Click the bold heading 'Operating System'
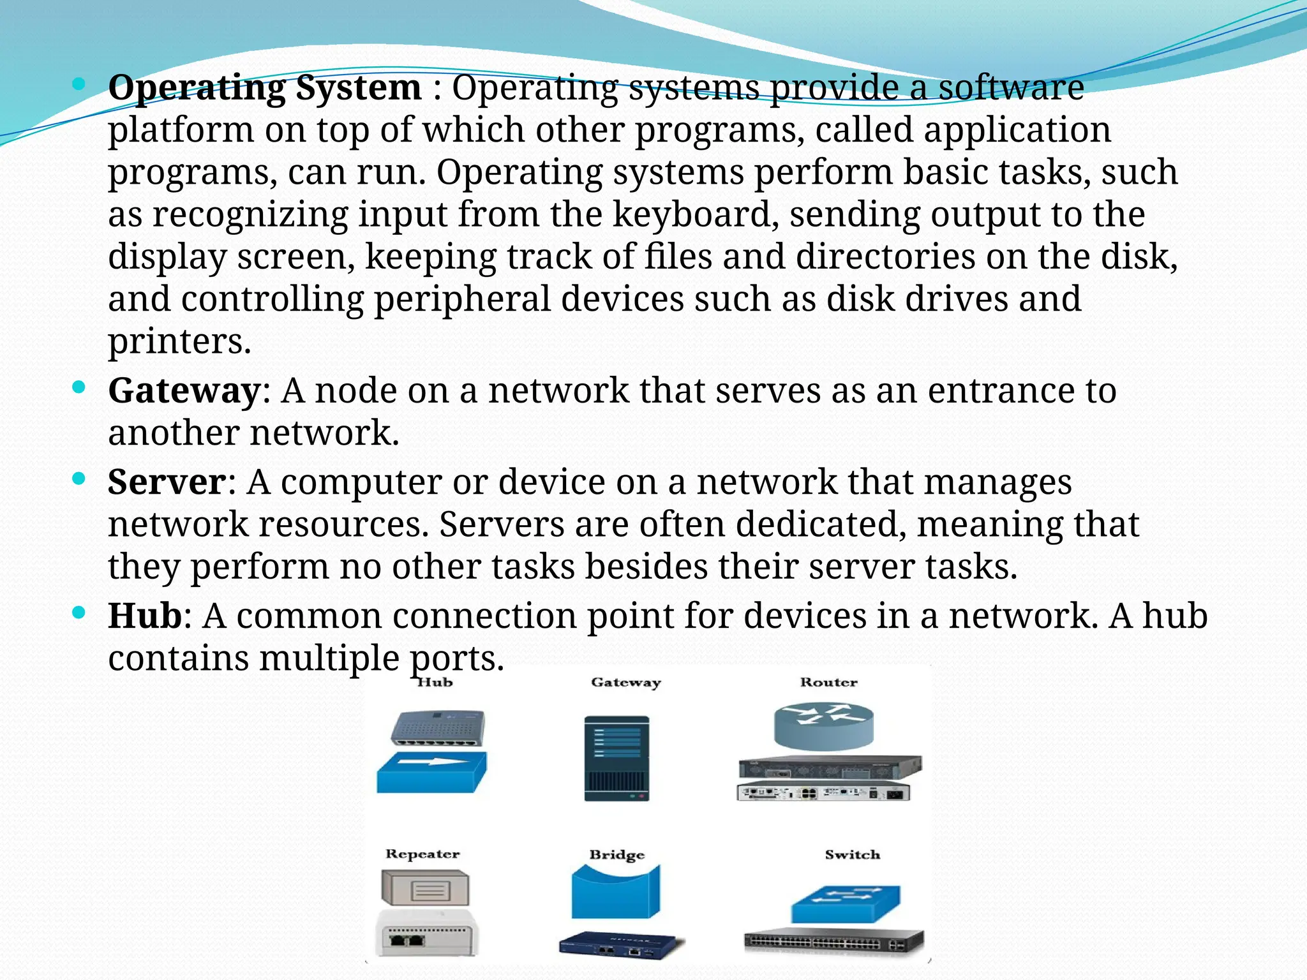pyautogui.click(x=265, y=87)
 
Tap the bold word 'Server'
pyautogui.click(x=167, y=482)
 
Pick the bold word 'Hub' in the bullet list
pyautogui.click(x=145, y=616)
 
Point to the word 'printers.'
pyautogui.click(x=179, y=341)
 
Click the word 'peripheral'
pyautogui.click(x=461, y=299)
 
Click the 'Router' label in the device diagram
pyautogui.click(x=828, y=682)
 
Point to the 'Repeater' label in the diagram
pyautogui.click(x=422, y=854)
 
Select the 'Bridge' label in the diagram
pyautogui.click(x=616, y=854)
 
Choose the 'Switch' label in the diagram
pyautogui.click(x=852, y=854)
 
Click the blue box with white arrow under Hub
pyautogui.click(x=431, y=772)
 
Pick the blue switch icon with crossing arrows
pyautogui.click(x=846, y=903)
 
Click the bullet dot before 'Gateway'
pyautogui.click(x=78, y=387)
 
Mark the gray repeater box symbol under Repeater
pyautogui.click(x=425, y=888)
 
